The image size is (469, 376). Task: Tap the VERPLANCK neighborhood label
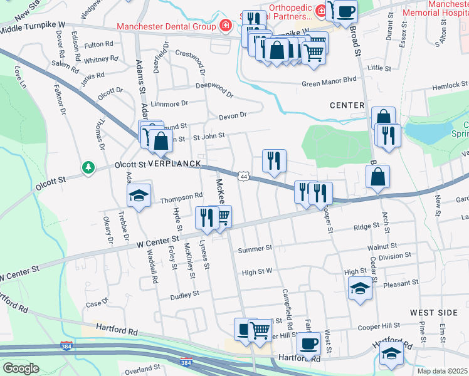click(174, 164)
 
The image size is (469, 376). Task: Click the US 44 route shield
click(243, 178)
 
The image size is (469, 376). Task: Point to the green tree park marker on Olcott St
click(88, 167)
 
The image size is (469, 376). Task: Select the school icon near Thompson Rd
click(139, 195)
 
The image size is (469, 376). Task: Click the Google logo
click(20, 368)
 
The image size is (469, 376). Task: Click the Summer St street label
click(255, 249)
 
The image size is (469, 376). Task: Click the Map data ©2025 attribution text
click(442, 371)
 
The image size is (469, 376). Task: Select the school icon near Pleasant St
click(360, 288)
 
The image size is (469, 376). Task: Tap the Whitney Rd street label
click(101, 60)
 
